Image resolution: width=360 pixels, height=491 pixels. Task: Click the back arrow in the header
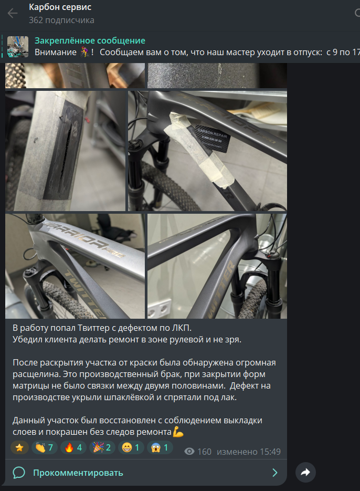[13, 13]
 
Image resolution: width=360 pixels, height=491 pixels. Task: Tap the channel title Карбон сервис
[60, 7]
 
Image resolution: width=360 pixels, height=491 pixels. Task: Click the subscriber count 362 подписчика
[61, 20]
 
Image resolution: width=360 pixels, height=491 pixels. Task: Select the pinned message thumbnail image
[18, 47]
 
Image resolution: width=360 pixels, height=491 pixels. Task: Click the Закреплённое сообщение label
[90, 41]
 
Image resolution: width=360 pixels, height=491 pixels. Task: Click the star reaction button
[19, 447]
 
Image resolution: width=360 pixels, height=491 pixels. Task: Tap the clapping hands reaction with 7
[44, 447]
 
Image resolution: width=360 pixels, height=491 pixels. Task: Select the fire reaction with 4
[73, 447]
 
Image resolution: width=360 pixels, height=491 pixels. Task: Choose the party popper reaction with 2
[102, 447]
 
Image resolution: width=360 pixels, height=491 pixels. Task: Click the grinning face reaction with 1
[131, 447]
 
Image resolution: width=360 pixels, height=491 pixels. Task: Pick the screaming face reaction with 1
[160, 447]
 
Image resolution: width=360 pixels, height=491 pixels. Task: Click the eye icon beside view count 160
[189, 452]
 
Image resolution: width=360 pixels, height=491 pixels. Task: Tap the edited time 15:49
[270, 452]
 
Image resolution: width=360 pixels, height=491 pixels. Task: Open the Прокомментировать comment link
[78, 473]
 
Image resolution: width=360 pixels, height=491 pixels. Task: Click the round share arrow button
[305, 472]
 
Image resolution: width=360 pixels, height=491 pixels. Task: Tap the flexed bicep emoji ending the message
[178, 432]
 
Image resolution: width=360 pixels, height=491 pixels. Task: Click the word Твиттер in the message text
[96, 328]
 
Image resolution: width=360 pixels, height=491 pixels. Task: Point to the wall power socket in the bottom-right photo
[160, 308]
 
